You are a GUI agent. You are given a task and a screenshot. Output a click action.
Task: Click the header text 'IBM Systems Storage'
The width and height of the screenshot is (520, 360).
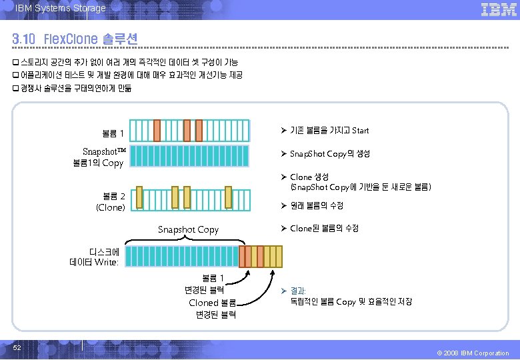(60, 8)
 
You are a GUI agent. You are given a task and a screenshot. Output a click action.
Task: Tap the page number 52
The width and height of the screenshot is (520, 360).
(17, 348)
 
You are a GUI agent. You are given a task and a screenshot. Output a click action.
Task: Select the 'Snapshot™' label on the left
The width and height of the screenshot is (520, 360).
(104, 152)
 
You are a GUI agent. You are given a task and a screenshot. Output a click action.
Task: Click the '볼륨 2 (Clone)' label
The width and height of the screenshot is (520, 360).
(111, 201)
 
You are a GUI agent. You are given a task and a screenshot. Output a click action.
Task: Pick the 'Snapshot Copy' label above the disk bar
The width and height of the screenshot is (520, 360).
(188, 229)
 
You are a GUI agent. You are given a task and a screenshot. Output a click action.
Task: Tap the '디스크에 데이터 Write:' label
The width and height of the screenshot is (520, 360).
(94, 257)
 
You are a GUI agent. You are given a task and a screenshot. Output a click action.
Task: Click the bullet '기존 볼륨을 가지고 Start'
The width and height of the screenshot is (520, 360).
(329, 130)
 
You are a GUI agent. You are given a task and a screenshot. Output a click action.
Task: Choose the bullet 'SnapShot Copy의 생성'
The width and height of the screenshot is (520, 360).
(329, 153)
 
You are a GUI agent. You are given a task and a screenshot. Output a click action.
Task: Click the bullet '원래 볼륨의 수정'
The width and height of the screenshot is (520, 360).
(317, 205)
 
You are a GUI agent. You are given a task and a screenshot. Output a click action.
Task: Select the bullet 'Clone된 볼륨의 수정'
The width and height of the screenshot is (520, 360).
(324, 228)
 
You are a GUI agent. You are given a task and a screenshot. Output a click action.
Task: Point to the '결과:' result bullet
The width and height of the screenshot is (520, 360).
(297, 291)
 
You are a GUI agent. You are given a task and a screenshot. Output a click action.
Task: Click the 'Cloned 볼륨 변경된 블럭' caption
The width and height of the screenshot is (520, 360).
(212, 309)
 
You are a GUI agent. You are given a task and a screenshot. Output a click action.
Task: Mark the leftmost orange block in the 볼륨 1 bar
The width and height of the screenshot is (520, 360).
(157, 129)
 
